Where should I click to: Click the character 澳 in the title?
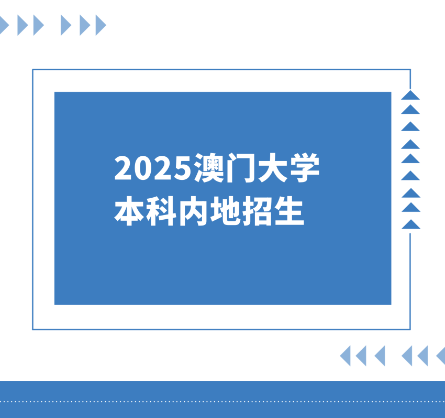click(208, 168)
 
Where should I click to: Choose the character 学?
click(304, 168)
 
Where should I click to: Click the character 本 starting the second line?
click(130, 211)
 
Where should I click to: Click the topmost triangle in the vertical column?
click(410, 95)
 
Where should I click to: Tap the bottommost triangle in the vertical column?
click(410, 224)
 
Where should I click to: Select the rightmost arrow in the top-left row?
click(101, 25)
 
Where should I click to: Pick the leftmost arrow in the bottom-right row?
click(346, 356)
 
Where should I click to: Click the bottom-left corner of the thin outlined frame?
click(33, 329)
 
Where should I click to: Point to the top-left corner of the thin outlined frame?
click(33, 70)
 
